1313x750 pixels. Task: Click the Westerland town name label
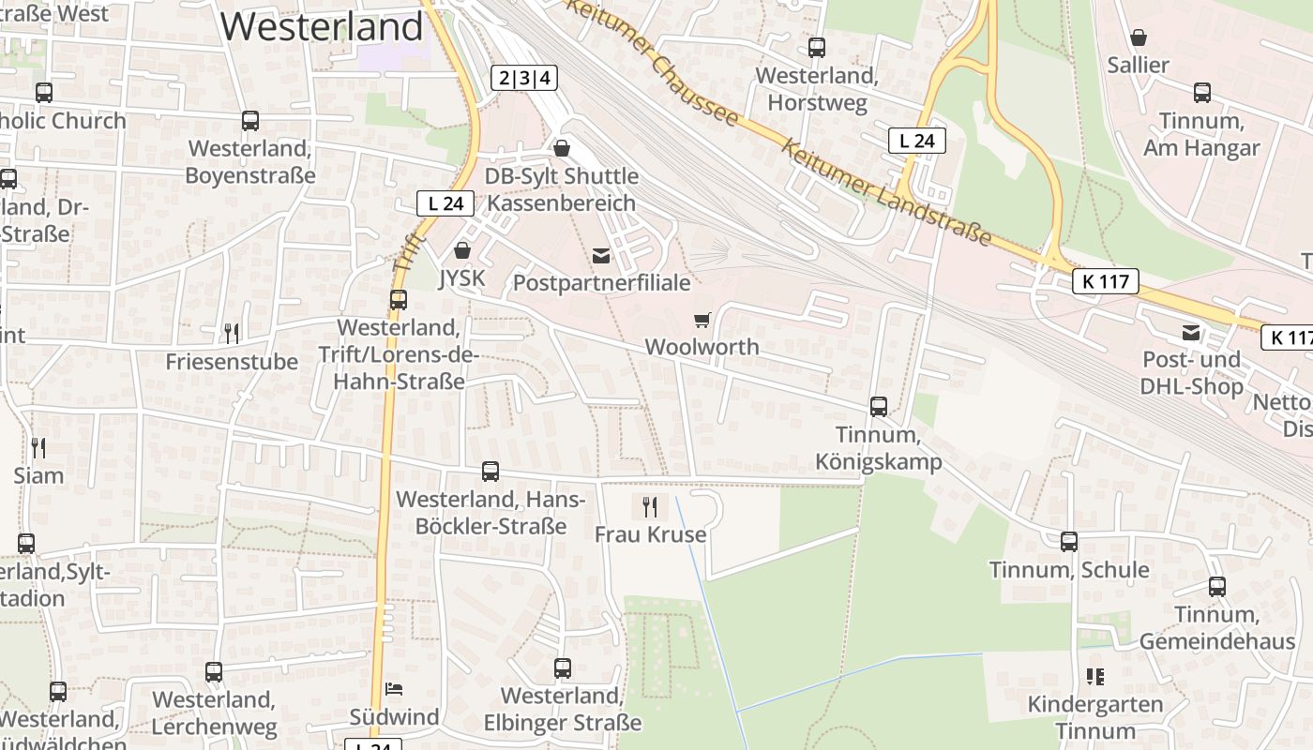[322, 25]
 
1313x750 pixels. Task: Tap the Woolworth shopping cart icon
[702, 321]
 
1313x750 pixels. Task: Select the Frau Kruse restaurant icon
[650, 507]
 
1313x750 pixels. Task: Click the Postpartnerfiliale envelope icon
[601, 256]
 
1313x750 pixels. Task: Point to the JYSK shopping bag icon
[461, 250]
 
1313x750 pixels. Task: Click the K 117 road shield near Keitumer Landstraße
[1106, 281]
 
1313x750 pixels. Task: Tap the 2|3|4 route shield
[524, 78]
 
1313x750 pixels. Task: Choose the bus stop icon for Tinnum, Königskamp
[879, 407]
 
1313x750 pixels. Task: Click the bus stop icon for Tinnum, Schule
[1069, 542]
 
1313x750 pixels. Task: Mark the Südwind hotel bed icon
[394, 689]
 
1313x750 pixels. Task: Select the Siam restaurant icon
[38, 448]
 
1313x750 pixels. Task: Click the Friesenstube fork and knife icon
[232, 333]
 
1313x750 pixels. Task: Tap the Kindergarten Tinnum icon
[1094, 676]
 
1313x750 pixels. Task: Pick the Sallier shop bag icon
[1138, 37]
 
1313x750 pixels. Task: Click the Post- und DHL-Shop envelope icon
[1191, 333]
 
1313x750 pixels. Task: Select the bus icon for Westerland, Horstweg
[817, 48]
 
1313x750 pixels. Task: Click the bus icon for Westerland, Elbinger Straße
[563, 668]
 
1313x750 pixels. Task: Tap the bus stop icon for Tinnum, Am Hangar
[1202, 93]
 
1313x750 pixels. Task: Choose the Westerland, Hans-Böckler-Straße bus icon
[490, 472]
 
